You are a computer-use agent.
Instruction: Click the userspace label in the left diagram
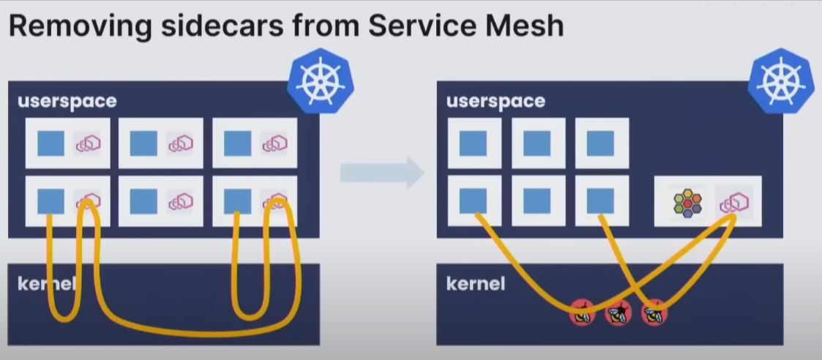pyautogui.click(x=67, y=101)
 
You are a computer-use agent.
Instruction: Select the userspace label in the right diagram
pyautogui.click(x=496, y=101)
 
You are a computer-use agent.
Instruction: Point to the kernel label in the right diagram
pyautogui.click(x=476, y=283)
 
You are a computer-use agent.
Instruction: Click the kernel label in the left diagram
pyautogui.click(x=45, y=283)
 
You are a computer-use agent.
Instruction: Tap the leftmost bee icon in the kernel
pyautogui.click(x=583, y=313)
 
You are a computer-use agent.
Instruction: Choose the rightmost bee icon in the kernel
pyautogui.click(x=654, y=313)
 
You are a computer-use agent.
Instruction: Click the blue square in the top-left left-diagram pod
pyautogui.click(x=51, y=143)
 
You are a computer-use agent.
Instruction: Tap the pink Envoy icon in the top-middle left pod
pyautogui.click(x=179, y=144)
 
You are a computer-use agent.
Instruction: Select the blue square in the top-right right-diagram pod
pyautogui.click(x=601, y=143)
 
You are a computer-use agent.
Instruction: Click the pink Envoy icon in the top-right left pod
pyautogui.click(x=274, y=144)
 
